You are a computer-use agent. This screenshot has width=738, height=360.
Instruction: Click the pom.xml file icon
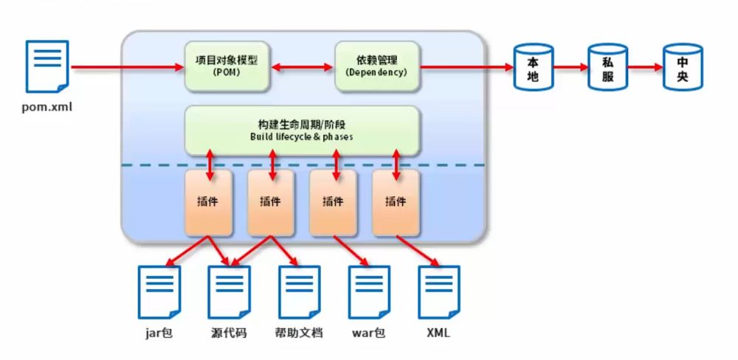coord(47,66)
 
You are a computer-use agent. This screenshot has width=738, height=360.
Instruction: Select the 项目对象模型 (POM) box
coord(227,66)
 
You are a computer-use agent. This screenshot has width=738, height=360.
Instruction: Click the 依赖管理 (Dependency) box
coord(376,66)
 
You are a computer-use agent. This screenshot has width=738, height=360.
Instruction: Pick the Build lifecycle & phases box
coord(302,129)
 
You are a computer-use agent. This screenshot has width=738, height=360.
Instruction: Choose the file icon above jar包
coord(159,291)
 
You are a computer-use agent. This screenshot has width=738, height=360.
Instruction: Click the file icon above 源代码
coord(230,291)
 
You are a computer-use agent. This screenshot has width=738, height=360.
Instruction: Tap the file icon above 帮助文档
coord(300,291)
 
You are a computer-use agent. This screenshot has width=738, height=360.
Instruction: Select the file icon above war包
coord(369,291)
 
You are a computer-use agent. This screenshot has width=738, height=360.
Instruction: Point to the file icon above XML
coord(438,291)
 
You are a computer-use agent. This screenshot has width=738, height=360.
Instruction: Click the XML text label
coord(438,333)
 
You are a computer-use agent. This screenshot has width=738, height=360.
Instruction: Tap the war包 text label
coord(368,333)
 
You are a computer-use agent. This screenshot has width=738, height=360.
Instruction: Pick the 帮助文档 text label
coord(299,333)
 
